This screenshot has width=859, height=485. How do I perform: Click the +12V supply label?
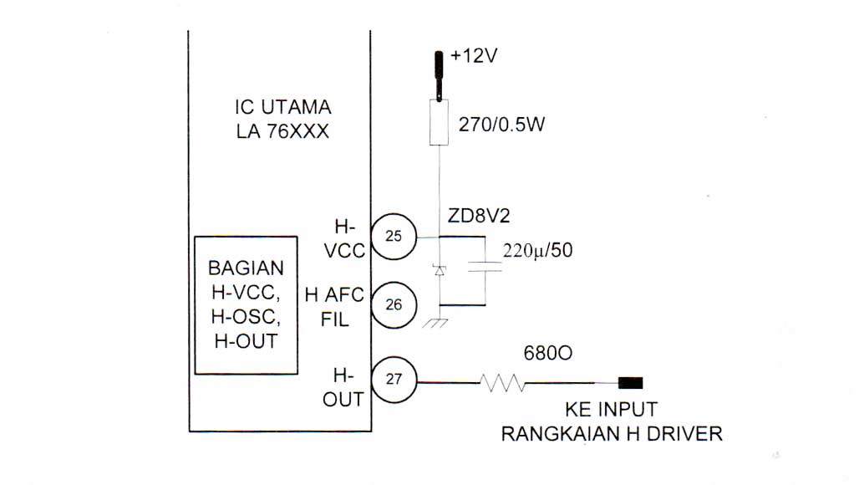tap(473, 55)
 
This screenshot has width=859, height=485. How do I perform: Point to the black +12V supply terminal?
tap(438, 75)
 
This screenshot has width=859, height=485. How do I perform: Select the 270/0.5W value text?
tap(501, 125)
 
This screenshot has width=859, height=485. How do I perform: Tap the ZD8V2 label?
tap(478, 216)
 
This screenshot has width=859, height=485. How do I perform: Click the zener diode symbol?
tap(440, 269)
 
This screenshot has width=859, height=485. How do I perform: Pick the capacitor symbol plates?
tap(485, 267)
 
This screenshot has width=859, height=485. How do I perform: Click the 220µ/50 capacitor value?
tap(537, 251)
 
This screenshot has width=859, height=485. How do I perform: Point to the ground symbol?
tap(435, 324)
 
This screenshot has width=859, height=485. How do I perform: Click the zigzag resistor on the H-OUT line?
tap(502, 382)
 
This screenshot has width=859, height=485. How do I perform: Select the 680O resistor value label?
tap(548, 354)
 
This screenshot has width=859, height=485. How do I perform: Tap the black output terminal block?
tap(631, 382)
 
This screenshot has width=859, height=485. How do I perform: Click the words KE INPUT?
tap(611, 410)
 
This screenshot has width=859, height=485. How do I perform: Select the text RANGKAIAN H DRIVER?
tap(612, 434)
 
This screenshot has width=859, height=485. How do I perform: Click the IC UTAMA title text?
tap(282, 107)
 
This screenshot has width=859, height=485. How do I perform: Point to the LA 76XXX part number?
tap(282, 131)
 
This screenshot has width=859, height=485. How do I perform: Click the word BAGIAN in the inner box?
tap(246, 268)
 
